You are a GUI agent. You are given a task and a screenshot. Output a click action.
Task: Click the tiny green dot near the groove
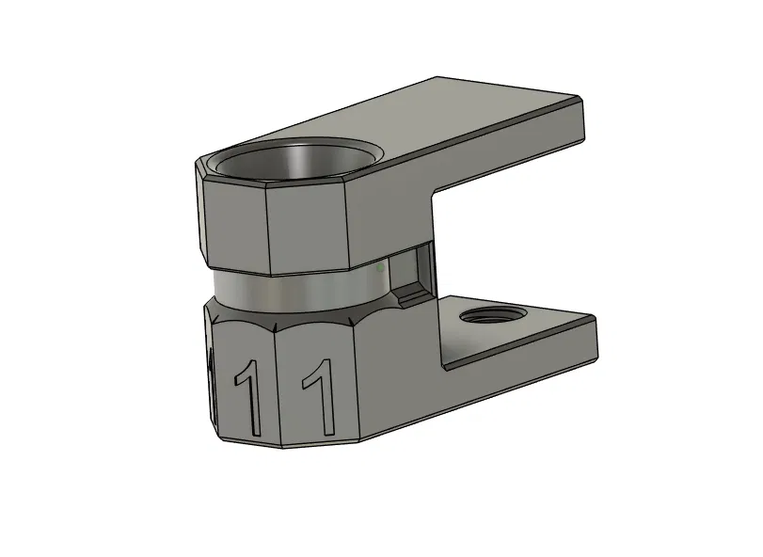coord(378,268)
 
